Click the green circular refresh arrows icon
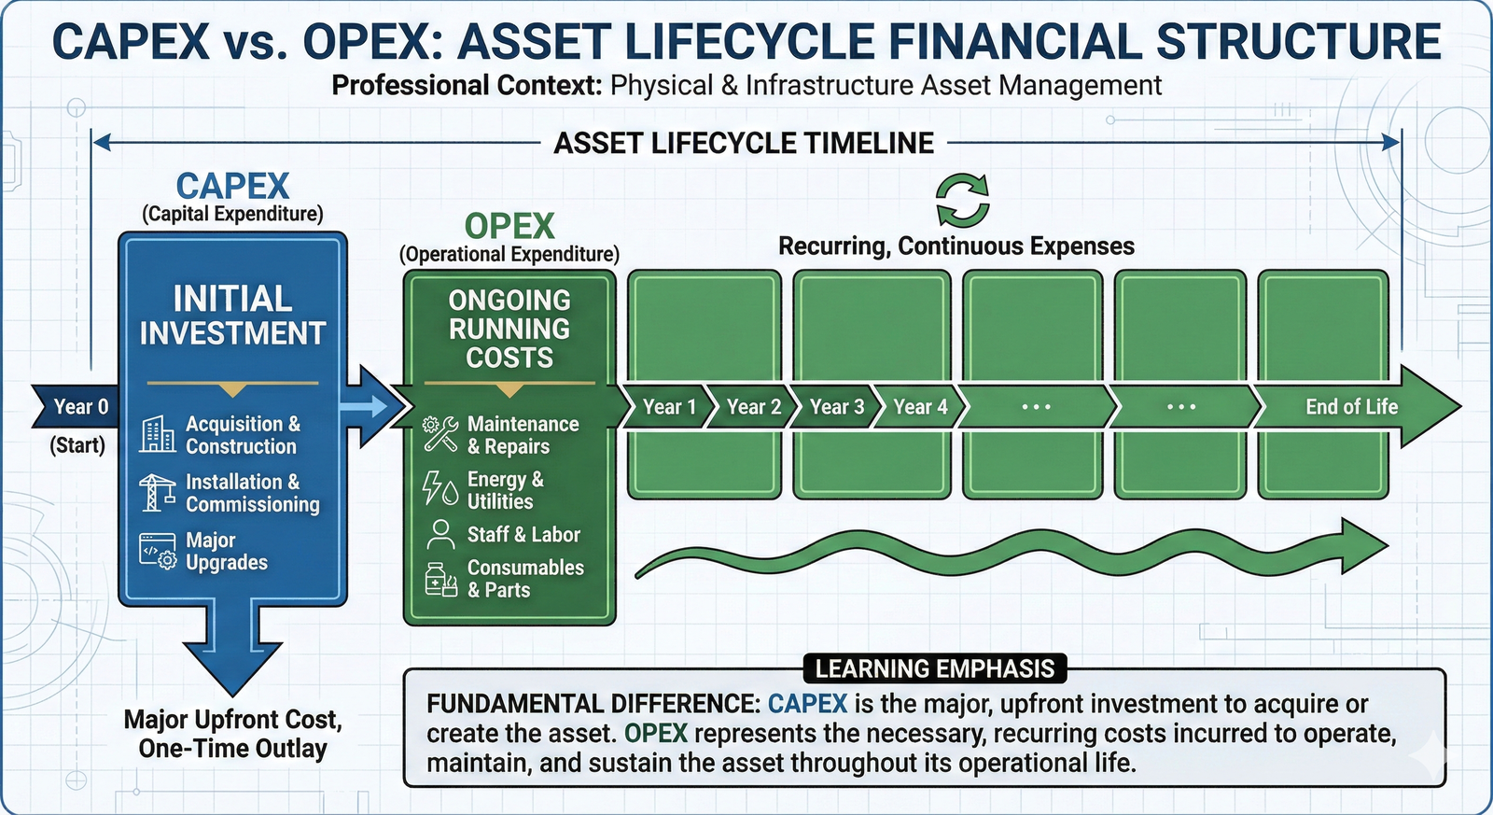click(962, 201)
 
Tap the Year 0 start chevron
click(78, 407)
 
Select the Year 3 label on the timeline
click(836, 407)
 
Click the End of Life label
click(1350, 407)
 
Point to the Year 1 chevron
click(668, 407)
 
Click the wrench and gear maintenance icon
click(440, 434)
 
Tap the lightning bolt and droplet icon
click(440, 488)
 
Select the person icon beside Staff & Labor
click(439, 535)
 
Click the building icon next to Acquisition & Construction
click(158, 434)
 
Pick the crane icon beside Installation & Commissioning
click(157, 492)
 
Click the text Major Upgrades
click(226, 552)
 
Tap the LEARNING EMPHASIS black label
click(934, 668)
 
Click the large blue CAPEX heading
click(232, 186)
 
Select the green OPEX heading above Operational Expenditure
click(509, 226)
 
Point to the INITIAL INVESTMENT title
click(232, 316)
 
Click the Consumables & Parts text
click(524, 579)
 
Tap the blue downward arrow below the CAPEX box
click(232, 653)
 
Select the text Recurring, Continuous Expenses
click(956, 246)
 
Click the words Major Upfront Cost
click(232, 720)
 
